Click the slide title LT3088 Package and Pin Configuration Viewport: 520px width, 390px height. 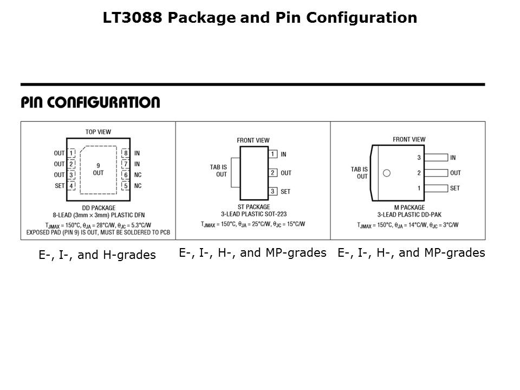(x=260, y=18)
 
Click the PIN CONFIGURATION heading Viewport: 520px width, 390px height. (x=90, y=102)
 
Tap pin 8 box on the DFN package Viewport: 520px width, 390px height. (x=125, y=153)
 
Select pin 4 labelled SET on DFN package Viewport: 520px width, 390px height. (x=71, y=186)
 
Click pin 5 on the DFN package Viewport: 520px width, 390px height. (x=125, y=186)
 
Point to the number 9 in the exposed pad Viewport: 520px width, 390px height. (x=98, y=165)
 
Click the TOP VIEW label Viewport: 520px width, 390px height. (x=98, y=132)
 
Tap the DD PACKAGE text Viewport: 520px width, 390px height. (x=98, y=207)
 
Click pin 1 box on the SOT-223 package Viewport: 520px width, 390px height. (x=273, y=154)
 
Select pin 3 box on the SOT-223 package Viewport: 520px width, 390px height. (x=273, y=191)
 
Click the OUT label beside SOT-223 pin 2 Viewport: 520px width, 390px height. (x=286, y=173)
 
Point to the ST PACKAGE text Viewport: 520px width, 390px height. (x=253, y=207)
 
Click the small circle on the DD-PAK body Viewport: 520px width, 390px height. (x=386, y=173)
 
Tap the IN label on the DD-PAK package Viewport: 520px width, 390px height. (x=453, y=158)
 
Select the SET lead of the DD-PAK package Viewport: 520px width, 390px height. (x=437, y=188)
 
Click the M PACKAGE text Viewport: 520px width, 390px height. (x=409, y=207)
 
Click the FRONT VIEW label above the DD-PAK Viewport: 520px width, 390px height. (x=409, y=139)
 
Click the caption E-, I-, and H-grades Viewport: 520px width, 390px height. (x=97, y=255)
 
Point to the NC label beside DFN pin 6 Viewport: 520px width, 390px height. (x=138, y=175)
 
